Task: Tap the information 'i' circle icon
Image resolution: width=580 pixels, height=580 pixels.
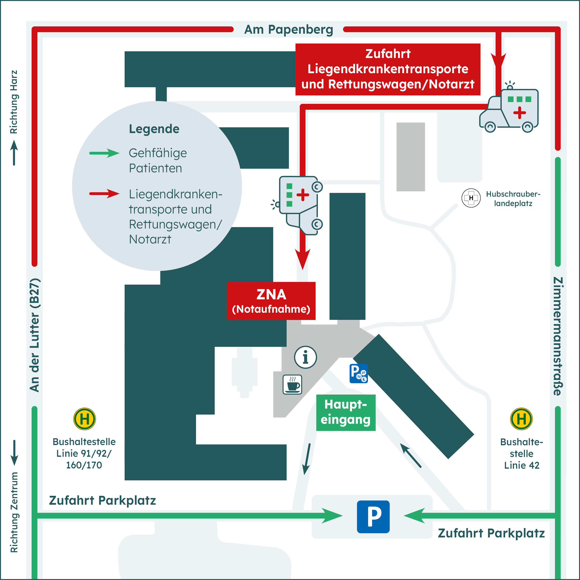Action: point(305,357)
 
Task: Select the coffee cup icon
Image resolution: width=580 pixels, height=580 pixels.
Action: point(292,384)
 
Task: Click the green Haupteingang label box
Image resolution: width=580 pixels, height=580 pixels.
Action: point(345,413)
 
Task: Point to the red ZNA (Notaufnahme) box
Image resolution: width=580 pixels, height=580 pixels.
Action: point(271,301)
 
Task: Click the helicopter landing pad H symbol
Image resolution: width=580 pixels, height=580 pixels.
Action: point(471,198)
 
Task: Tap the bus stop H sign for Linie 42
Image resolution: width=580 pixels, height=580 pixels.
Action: point(521,419)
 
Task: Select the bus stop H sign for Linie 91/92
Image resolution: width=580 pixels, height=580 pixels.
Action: point(85,419)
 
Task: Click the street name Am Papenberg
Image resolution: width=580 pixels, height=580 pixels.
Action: point(289,29)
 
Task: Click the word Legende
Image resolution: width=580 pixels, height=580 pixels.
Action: point(154,129)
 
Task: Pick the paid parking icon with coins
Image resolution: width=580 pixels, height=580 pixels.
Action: point(359,373)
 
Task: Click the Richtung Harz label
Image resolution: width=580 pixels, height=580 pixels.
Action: point(14,102)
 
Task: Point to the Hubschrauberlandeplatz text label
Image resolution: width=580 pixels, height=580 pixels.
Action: point(513,198)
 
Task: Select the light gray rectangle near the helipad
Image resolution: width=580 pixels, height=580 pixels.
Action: point(410,157)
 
